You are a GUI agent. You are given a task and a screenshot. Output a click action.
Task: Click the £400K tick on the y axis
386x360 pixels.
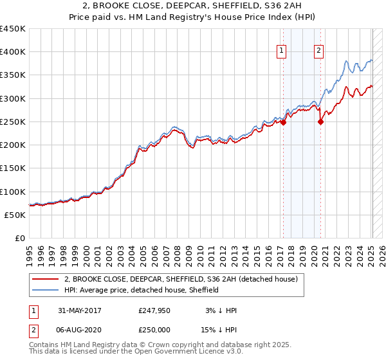point(13,52)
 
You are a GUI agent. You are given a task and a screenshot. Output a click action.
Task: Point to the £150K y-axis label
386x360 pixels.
point(13,168)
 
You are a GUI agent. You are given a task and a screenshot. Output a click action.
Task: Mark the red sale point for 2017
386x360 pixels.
point(283,123)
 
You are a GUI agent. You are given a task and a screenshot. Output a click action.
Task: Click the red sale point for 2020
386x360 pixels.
point(320,122)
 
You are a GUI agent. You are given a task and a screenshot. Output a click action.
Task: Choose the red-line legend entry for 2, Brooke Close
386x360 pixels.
point(180,280)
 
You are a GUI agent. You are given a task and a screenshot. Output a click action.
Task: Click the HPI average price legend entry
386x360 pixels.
point(142,291)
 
